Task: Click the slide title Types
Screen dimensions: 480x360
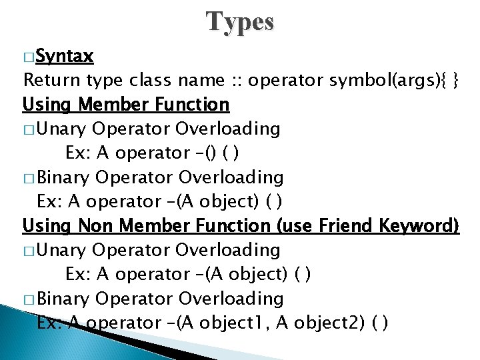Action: click(x=240, y=22)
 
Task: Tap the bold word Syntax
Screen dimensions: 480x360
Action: click(x=65, y=55)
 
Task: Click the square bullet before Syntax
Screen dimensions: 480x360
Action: click(x=28, y=57)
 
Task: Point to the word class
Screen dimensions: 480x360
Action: click(x=151, y=80)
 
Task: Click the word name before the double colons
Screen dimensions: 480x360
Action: click(x=201, y=80)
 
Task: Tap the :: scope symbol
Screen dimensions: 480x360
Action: click(x=237, y=80)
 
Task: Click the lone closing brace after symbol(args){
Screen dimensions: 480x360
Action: click(x=454, y=80)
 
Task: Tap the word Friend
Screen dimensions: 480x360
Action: click(x=345, y=226)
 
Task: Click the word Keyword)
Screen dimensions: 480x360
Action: click(x=419, y=226)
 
